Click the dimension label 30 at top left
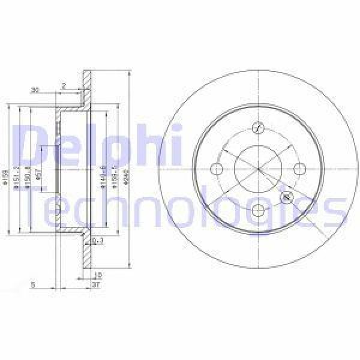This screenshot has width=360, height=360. point(35,90)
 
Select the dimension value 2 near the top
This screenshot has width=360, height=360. point(63,85)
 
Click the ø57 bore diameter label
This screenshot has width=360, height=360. point(38,174)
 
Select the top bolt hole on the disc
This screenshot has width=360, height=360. point(259,128)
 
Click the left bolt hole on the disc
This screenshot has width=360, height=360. point(218,169)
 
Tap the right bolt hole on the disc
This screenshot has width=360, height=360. point(299,169)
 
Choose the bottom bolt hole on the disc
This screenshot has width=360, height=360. point(259,209)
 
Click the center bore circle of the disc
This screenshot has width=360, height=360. point(259,169)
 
